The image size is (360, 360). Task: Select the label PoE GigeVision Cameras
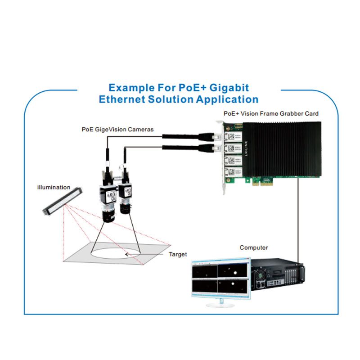pos(117,129)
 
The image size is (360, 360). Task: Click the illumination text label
pos(54,187)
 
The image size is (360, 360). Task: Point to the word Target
pos(178,254)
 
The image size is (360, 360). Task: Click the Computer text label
pos(253,247)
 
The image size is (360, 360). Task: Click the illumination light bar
pos(63,200)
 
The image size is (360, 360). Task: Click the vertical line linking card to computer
pos(298,216)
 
